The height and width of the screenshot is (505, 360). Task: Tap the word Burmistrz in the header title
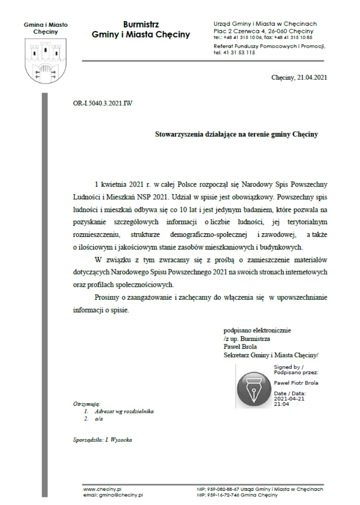pos(141,25)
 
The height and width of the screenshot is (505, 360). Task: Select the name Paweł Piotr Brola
pos(296,383)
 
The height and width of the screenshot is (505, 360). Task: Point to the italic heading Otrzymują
pos(87,404)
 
